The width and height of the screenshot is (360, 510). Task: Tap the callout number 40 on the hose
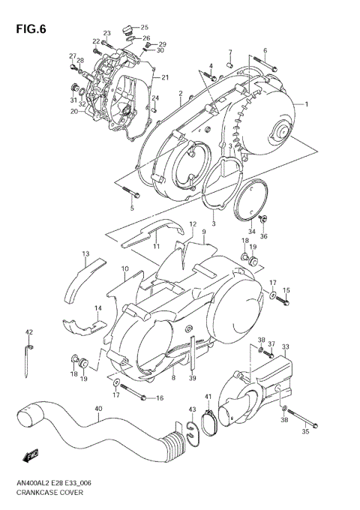[x=98, y=409]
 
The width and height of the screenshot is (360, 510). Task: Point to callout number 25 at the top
[x=145, y=27]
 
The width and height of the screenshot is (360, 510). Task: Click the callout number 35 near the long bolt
[x=305, y=432]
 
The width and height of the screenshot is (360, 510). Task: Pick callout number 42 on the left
[x=29, y=331]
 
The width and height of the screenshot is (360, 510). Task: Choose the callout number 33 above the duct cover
[x=285, y=346]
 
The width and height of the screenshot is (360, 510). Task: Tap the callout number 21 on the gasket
[x=165, y=77]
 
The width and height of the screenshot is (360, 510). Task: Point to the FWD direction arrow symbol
[x=31, y=454]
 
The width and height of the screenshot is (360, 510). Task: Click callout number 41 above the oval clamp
[x=208, y=396]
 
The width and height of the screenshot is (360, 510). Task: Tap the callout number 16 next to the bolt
[x=159, y=397]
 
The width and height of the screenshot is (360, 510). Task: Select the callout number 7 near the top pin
[x=230, y=52]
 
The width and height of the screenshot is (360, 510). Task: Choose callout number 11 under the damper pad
[x=157, y=246]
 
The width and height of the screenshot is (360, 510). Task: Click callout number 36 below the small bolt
[x=263, y=236]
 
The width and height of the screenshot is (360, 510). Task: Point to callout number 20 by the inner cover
[x=74, y=112]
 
